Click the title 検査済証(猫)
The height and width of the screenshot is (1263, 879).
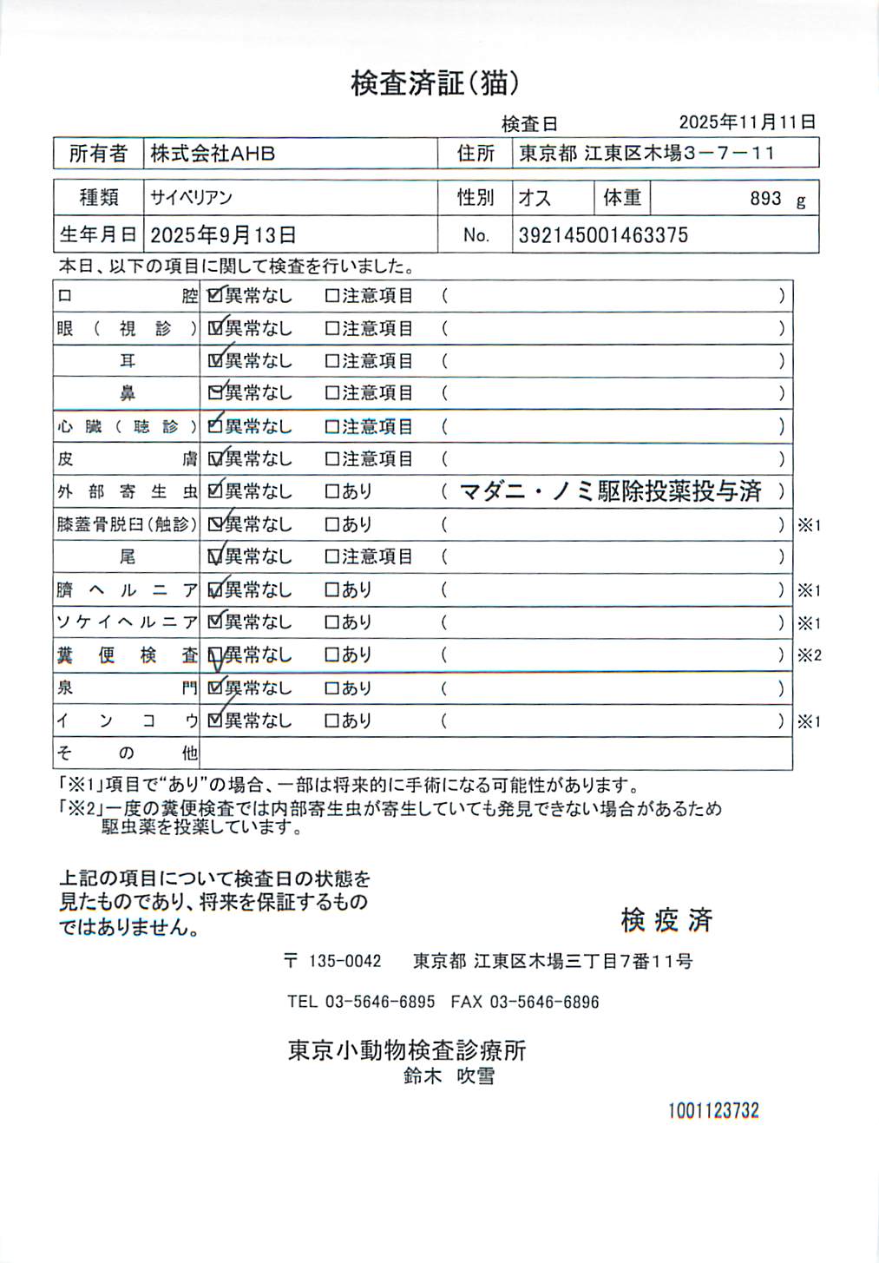pos(435,83)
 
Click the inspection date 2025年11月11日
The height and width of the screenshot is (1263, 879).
pos(746,122)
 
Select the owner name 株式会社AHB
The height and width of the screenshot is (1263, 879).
pos(213,154)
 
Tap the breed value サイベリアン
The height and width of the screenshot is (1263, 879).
pos(191,198)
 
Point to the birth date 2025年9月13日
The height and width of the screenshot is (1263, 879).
pos(223,235)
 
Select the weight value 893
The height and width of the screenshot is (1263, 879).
pos(764,199)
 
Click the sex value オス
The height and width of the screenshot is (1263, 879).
pos(535,198)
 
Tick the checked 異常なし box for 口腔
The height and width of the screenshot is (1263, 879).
pos(214,295)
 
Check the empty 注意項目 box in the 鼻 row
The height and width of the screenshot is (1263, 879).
pos(331,393)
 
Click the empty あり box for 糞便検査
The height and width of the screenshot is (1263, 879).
pos(331,655)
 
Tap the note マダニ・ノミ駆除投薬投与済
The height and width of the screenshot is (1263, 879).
pos(610,491)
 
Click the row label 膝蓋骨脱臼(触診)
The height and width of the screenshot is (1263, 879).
pos(127,524)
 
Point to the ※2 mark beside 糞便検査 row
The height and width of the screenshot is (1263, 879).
pos(809,655)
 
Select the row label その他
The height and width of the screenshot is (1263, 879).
pos(127,753)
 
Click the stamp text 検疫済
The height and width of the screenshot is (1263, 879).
pos(666,920)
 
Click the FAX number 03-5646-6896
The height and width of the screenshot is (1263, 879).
pos(544,1002)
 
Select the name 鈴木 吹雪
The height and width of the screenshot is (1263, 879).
pos(449,1076)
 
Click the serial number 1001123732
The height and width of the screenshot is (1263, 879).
pos(713,1110)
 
